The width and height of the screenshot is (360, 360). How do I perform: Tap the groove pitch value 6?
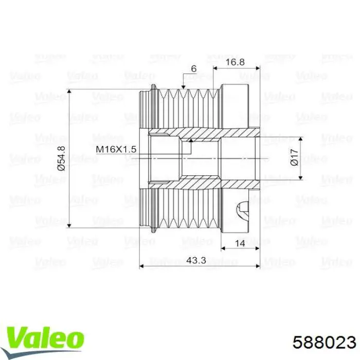[193, 68]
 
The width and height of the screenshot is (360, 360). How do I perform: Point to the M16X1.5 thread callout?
[116, 149]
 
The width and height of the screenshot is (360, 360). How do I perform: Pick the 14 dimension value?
[240, 244]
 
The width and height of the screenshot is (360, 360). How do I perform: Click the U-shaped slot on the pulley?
[243, 211]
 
